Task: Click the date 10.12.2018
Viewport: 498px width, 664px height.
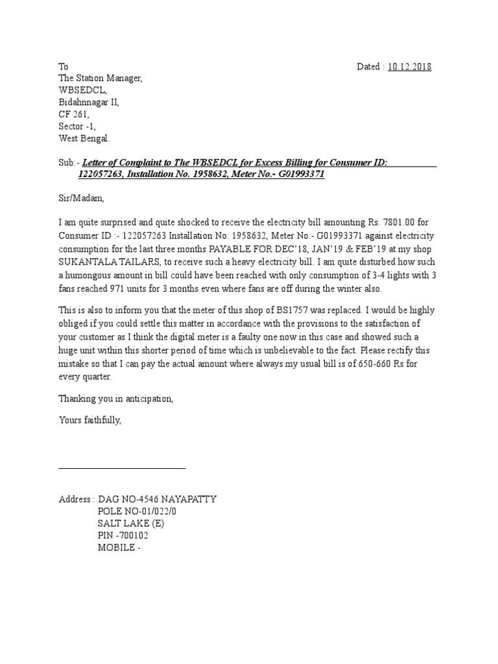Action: (x=409, y=67)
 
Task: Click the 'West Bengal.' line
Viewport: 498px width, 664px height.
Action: (x=84, y=138)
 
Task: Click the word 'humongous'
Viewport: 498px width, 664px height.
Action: (x=89, y=276)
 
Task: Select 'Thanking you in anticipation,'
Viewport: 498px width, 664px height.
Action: (x=116, y=397)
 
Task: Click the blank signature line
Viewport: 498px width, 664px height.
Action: (x=122, y=467)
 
